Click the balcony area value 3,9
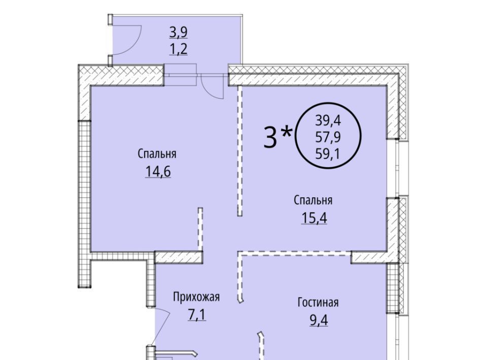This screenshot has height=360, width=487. coord(179,32)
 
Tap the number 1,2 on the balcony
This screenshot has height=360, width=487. coord(179,49)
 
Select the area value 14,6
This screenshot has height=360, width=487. coord(158,171)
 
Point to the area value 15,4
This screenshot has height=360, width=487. coord(314,218)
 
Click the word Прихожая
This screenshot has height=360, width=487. coord(196,297)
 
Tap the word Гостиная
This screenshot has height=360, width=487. coord(318,302)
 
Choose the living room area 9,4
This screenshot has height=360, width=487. coord(319,320)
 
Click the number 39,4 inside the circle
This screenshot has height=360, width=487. coord(328,120)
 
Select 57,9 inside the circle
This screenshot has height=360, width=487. coord(328,137)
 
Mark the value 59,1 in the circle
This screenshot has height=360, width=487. coord(328,154)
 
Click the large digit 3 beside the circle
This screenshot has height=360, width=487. coord(270,137)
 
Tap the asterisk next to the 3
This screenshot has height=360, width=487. coord(286,132)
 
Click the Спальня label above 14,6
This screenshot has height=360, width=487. coord(157,154)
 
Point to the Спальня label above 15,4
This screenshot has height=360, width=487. coord(313,200)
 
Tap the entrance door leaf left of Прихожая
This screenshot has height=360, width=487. coord(161,327)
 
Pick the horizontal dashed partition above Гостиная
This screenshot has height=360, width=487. coord(294,253)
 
